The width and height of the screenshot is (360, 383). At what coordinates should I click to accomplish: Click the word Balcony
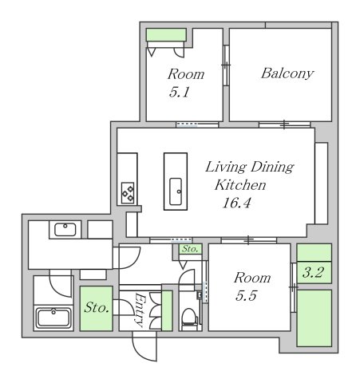[287, 73]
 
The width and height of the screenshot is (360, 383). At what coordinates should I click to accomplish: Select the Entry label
[138, 309]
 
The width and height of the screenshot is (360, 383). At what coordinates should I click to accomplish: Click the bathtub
[55, 317]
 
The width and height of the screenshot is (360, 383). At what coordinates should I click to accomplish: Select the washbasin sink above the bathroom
[65, 231]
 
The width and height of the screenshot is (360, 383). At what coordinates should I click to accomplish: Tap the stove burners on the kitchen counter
[128, 192]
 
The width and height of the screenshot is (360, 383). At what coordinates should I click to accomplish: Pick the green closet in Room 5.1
[166, 34]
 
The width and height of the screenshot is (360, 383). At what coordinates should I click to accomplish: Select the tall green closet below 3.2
[314, 318]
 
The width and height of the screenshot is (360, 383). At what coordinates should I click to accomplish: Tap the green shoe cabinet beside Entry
[167, 311]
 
